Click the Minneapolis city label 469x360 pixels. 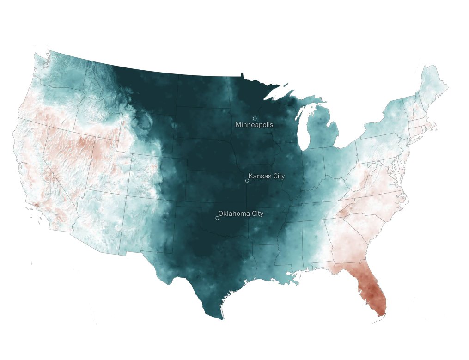point(254,125)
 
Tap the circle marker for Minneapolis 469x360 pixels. point(255,119)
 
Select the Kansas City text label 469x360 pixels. point(267,177)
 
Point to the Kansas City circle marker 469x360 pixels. point(247,181)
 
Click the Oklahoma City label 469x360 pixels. point(241,214)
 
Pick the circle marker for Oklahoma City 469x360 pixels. point(217,218)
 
